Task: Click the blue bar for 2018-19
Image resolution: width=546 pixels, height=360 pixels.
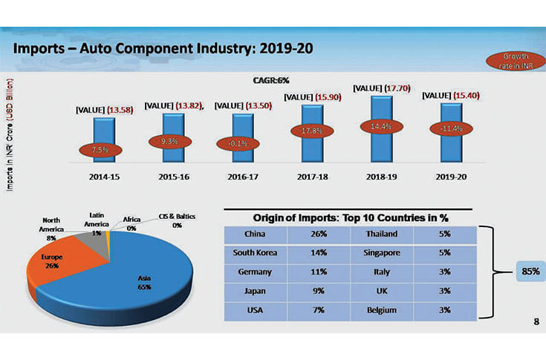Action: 382,141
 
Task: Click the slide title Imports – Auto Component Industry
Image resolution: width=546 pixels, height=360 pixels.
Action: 164,48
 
